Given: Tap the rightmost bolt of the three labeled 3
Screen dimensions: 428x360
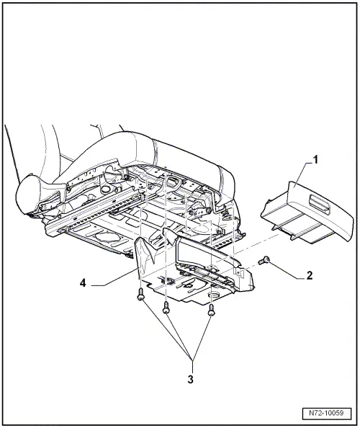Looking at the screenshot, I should pyautogui.click(x=211, y=311).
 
